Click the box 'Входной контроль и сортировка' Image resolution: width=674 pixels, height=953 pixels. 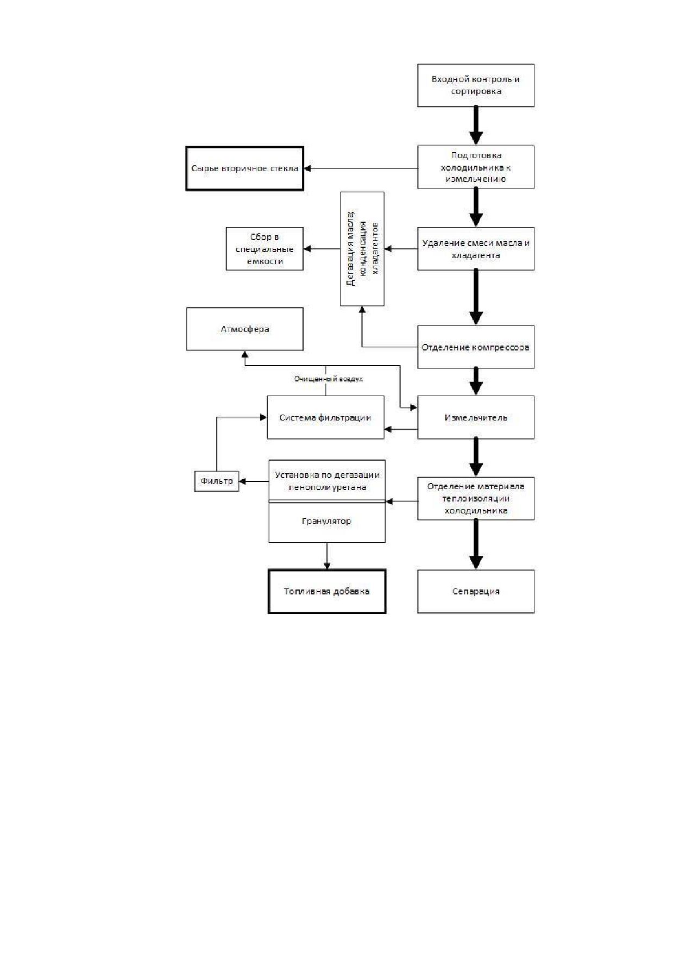476,85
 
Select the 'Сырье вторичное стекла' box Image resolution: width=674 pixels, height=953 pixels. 245,168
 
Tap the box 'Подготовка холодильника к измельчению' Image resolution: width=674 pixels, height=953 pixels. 476,167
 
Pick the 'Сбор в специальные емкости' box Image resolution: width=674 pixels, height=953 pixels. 264,249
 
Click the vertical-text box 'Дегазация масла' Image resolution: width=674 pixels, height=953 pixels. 362,248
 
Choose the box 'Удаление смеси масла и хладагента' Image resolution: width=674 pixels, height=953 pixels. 476,249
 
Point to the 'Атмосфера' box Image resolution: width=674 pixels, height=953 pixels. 245,329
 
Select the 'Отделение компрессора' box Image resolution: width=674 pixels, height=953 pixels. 476,347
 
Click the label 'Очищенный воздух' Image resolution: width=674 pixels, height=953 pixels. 329,379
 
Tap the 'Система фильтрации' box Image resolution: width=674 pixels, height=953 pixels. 326,417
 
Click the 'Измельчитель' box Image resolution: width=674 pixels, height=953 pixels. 476,417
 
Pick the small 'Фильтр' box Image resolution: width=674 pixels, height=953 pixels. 217,481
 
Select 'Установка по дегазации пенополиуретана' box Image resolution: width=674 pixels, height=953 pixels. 327,480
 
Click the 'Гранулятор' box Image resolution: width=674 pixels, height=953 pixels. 327,522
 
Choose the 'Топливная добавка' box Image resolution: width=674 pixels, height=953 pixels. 327,591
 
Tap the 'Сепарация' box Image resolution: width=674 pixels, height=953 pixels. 476,592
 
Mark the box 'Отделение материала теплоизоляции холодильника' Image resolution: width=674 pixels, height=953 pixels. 476,499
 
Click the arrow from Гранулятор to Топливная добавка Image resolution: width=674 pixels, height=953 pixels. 327,556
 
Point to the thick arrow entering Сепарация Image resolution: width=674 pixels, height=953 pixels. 476,545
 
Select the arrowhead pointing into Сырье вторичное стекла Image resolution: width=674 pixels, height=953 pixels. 307,168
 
